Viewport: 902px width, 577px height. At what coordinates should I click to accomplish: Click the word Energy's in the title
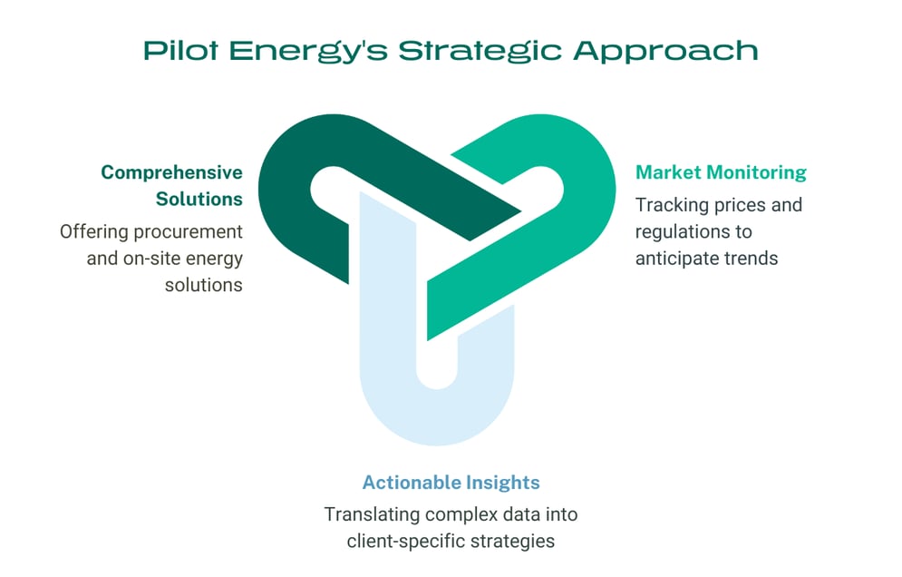pos(304,50)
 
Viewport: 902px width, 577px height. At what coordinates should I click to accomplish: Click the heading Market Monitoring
pos(721,172)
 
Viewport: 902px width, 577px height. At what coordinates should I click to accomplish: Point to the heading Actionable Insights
pos(451,483)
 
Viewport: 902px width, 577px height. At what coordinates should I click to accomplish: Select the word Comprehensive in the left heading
pos(171,172)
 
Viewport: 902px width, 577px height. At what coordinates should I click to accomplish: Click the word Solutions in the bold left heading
pos(199,199)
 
